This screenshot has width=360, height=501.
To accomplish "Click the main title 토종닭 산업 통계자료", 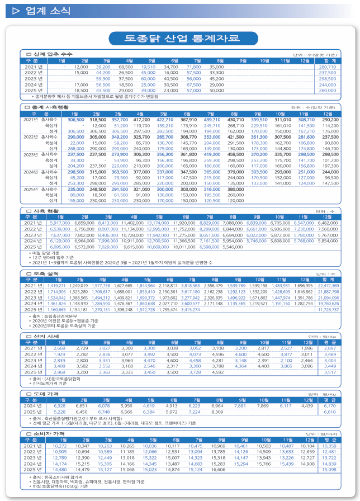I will [179, 38].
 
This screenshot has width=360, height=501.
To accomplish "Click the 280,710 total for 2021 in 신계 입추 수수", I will [327, 67].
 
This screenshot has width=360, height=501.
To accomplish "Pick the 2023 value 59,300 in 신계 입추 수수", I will [103, 79].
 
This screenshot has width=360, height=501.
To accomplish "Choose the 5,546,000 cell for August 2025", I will [233, 247].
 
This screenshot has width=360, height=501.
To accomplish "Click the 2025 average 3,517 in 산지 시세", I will [330, 372].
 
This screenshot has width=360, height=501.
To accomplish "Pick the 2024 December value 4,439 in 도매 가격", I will [306, 406].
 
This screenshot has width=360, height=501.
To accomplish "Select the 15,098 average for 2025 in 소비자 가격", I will [329, 470].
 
